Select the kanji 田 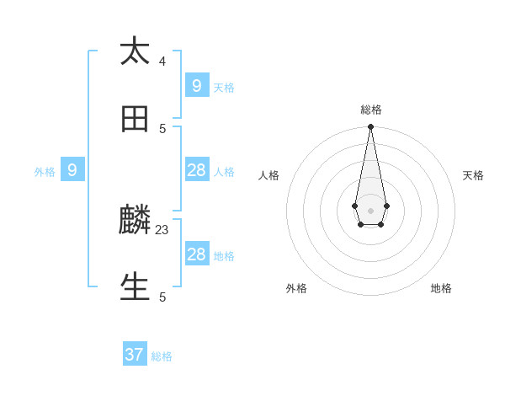[135, 120]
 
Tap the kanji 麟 [135, 220]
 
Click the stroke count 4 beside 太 [162, 61]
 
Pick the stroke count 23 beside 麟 [162, 228]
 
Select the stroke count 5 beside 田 [162, 128]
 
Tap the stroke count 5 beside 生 [162, 297]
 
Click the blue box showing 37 [135, 355]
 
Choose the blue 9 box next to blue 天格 [196, 85]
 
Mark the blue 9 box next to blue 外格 [72, 170]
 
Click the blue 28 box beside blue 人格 [196, 170]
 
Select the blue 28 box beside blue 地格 [196, 254]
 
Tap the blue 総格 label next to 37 [162, 356]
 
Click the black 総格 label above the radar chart [371, 110]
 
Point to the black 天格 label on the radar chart [473, 175]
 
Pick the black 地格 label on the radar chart [441, 288]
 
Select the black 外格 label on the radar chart [296, 288]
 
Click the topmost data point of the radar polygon [370, 126]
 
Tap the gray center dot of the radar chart [370, 211]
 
